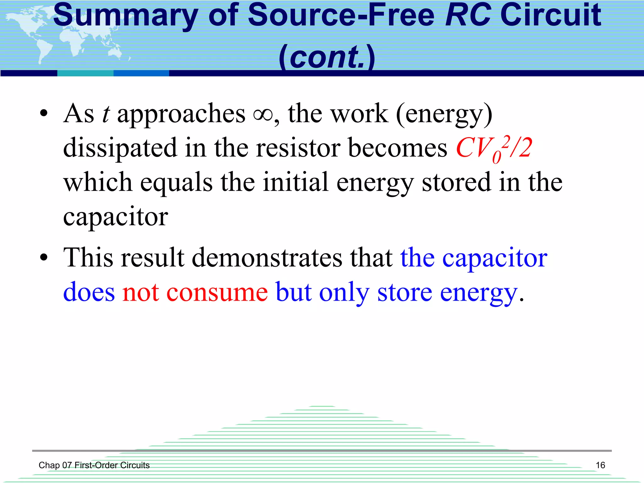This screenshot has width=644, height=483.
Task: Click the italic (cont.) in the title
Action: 327,57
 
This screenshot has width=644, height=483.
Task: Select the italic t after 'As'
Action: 106,114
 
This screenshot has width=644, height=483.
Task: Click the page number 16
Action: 600,465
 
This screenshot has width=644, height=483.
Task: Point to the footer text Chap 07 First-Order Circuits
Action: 94,465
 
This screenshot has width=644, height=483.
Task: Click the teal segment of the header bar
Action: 85,73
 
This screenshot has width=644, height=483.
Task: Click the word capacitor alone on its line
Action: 115,217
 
